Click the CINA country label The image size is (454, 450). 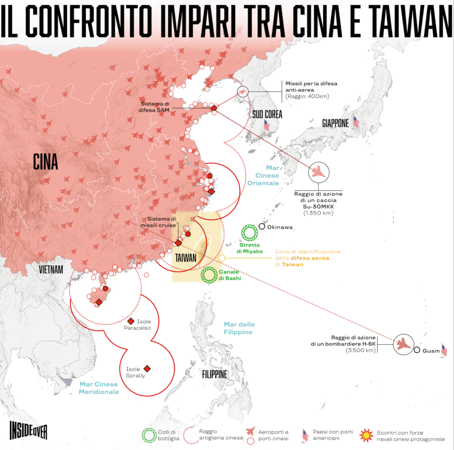pos(46,162)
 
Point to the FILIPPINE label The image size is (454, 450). pos(215,375)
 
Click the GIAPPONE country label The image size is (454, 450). pos(335,124)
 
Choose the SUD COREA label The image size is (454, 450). pos(267,114)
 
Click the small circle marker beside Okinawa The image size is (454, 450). pos(262,227)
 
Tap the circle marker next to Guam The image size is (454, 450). pos(417,350)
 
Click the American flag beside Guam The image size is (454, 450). pos(444,350)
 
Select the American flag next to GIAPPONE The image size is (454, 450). pos(356,122)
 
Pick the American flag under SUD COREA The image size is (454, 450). pos(266,125)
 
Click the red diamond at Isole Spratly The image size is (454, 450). pos(147,368)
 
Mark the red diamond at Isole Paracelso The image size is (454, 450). pos(131,321)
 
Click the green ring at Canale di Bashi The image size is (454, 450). pos(209,275)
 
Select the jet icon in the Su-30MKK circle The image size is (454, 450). pos(318,172)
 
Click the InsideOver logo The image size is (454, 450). pos(28,430)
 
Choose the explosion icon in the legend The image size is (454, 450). pos(366,435)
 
